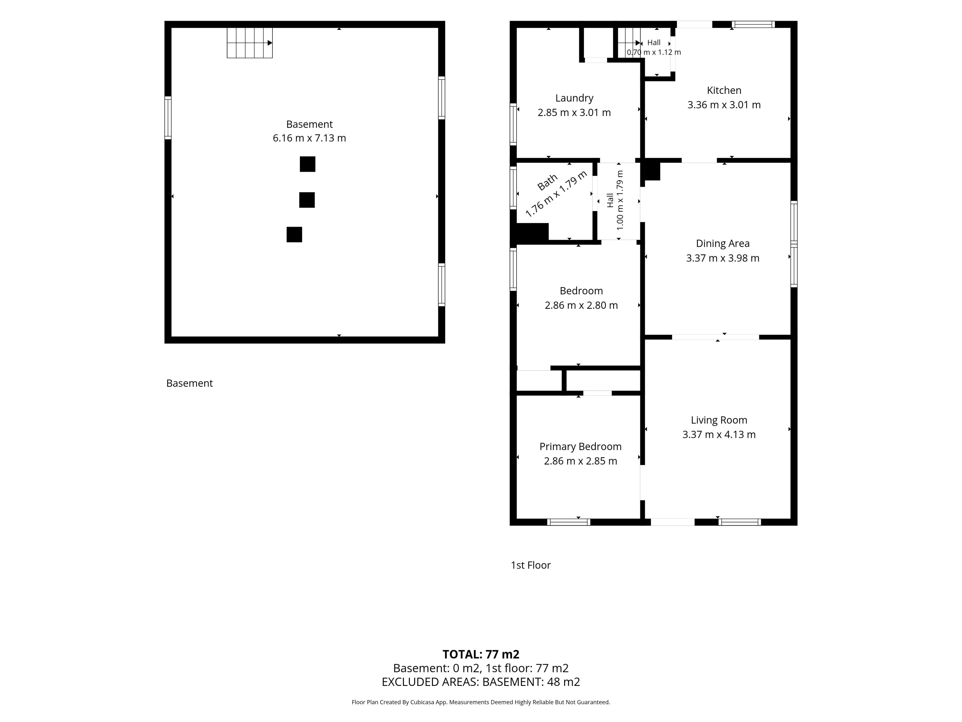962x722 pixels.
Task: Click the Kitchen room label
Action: pyautogui.click(x=724, y=91)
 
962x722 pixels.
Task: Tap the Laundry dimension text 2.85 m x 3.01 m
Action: pyautogui.click(x=574, y=113)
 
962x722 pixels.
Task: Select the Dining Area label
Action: pyautogui.click(x=723, y=244)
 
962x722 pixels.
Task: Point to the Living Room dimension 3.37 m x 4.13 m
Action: pyautogui.click(x=719, y=434)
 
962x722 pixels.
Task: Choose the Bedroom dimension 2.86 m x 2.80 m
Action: pyautogui.click(x=581, y=306)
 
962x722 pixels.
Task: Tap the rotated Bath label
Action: pyautogui.click(x=547, y=182)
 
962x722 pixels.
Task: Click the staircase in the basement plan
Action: pyautogui.click(x=250, y=43)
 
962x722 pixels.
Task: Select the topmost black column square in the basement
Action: pyautogui.click(x=307, y=164)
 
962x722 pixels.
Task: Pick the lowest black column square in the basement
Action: pyautogui.click(x=294, y=235)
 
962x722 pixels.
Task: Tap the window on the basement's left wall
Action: pyautogui.click(x=168, y=118)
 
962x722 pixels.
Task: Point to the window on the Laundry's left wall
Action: pyautogui.click(x=513, y=124)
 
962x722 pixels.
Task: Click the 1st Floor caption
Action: pyautogui.click(x=531, y=565)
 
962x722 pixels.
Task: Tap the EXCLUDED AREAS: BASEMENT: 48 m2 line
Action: pyautogui.click(x=481, y=682)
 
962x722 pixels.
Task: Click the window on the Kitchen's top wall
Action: pyautogui.click(x=753, y=24)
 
